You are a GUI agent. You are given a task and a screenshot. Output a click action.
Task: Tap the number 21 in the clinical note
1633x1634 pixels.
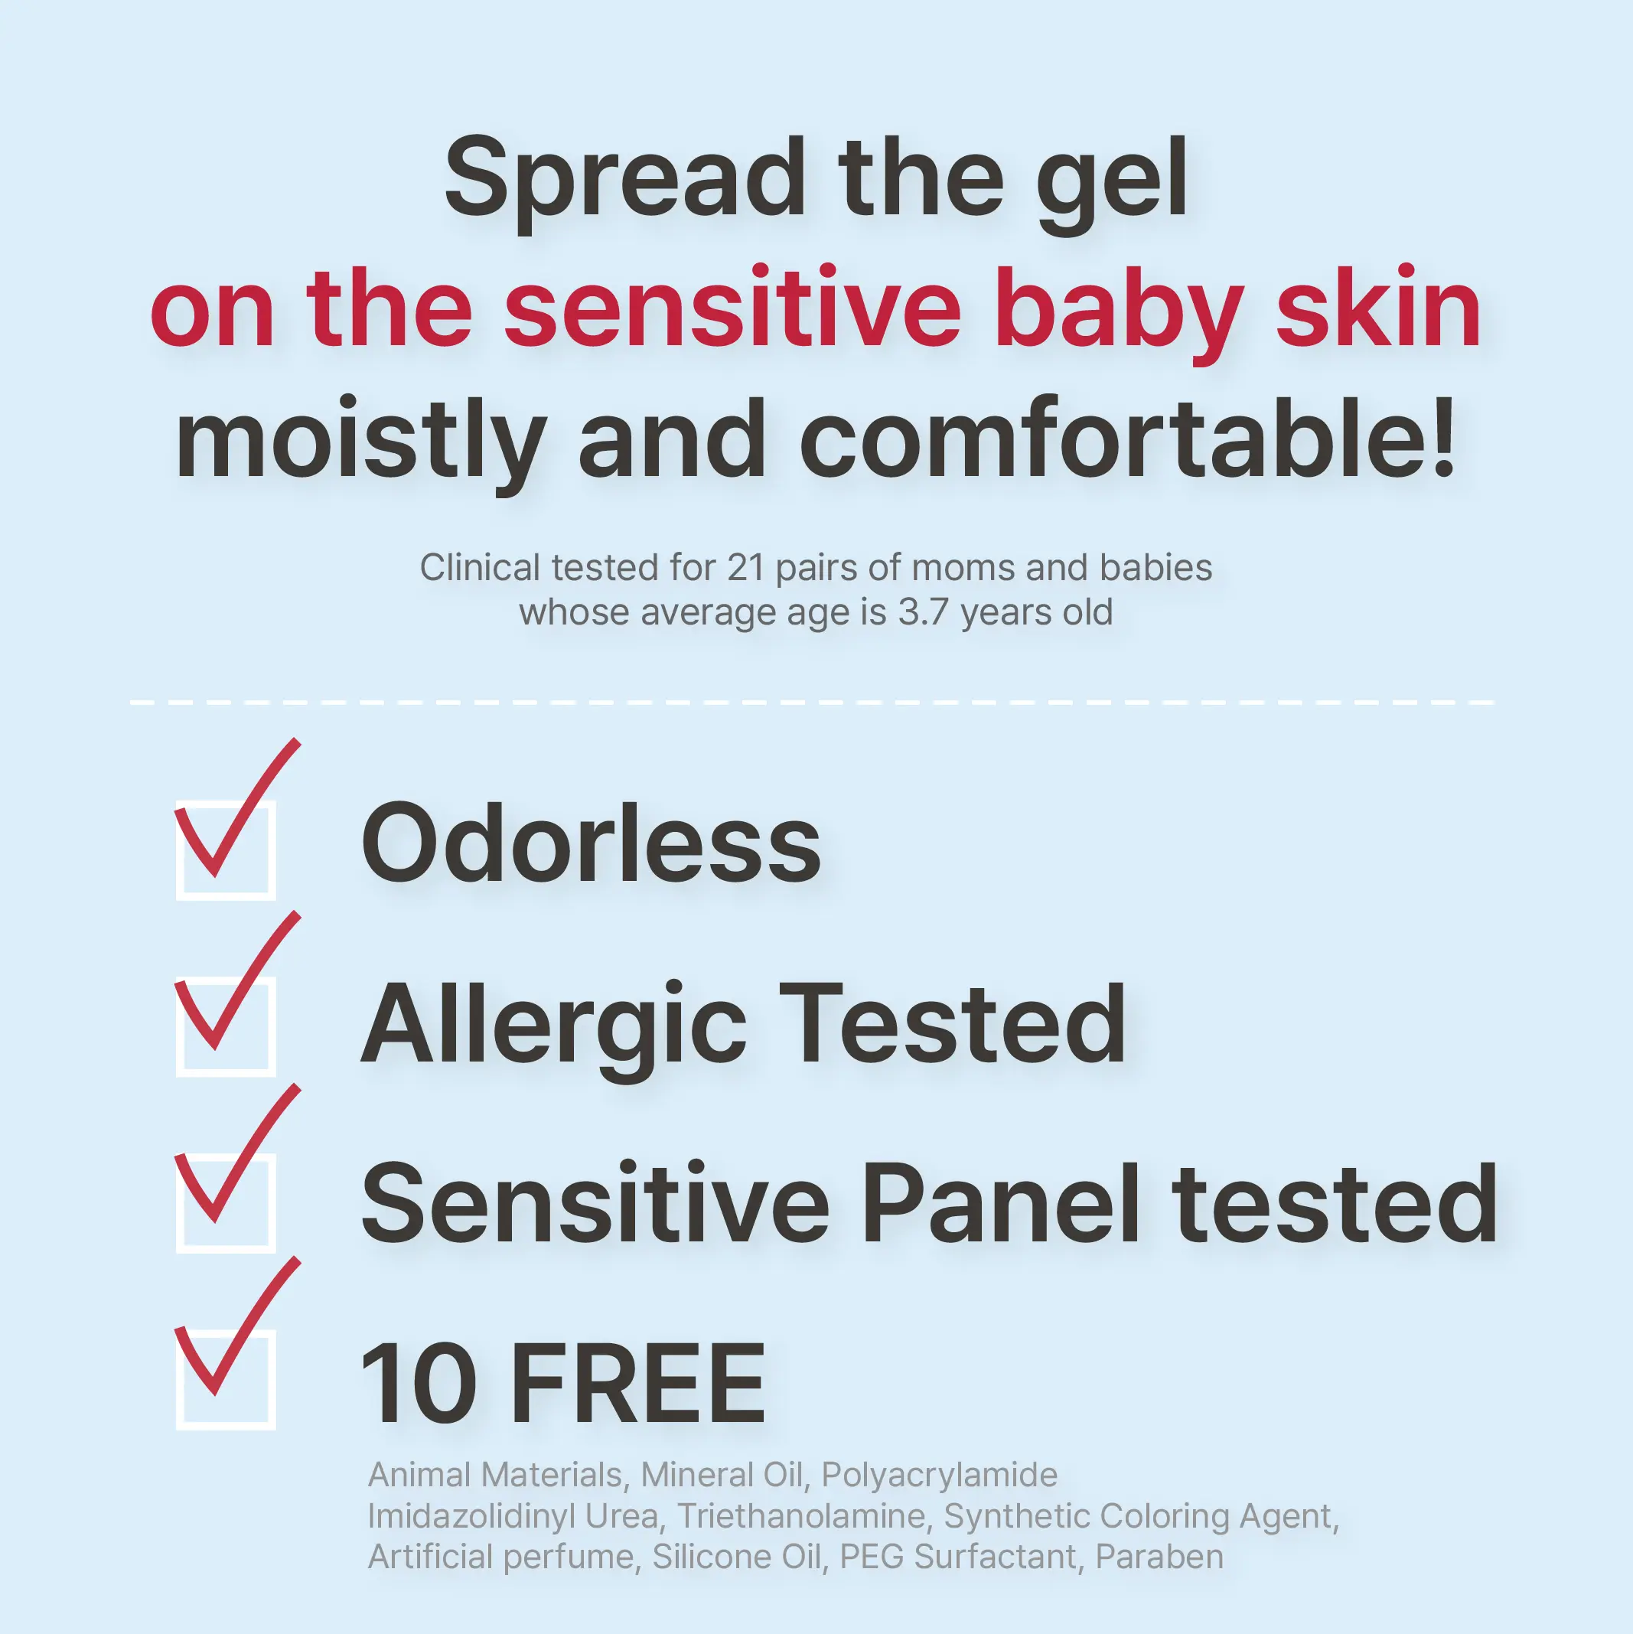746,569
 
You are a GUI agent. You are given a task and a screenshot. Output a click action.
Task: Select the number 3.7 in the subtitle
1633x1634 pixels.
924,612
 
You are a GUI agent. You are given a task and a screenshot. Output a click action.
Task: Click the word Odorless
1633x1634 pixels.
591,843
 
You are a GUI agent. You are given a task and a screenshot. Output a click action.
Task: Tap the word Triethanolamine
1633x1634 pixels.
802,1516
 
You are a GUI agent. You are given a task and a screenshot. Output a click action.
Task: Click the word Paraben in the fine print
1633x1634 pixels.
1159,1557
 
